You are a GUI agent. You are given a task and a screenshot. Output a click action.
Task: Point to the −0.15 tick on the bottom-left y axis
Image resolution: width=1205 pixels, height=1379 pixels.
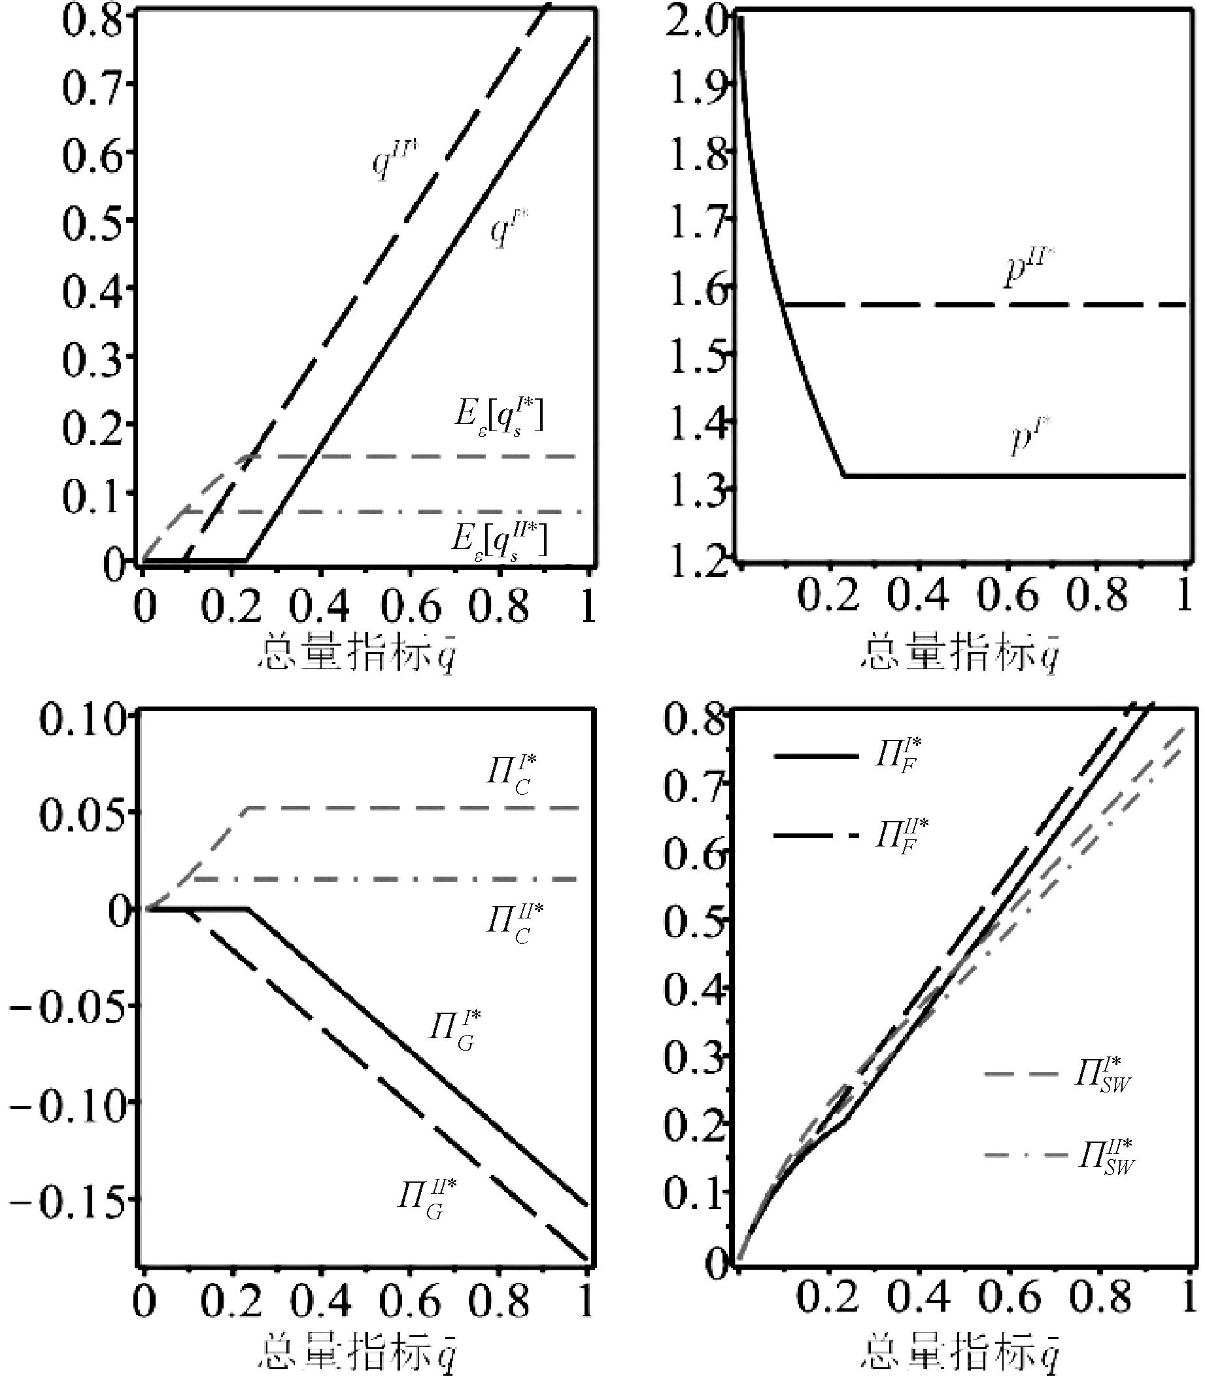coord(67,1201)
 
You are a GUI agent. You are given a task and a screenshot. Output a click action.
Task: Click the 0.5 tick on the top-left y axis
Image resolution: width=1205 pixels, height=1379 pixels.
coord(94,221)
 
